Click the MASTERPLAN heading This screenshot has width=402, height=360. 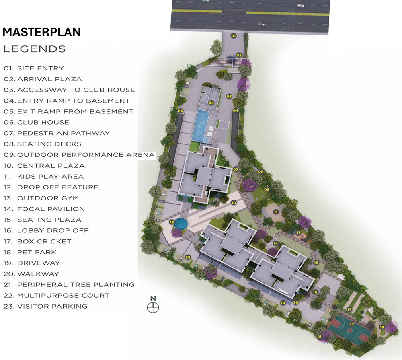(x=42, y=32)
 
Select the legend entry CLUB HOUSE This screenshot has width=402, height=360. (x=37, y=122)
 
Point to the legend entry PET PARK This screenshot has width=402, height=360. (x=30, y=252)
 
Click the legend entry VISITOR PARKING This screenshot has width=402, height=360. (x=45, y=306)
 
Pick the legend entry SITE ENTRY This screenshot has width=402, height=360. (x=34, y=68)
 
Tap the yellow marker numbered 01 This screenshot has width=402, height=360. (x=233, y=36)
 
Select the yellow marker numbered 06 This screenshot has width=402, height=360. (x=211, y=103)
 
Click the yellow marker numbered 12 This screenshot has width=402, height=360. (x=172, y=222)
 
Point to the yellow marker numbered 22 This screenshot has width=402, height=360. (x=351, y=324)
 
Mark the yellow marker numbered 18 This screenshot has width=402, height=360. (x=382, y=327)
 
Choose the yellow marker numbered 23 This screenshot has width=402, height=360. (x=188, y=257)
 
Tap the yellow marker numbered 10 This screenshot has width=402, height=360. (x=234, y=202)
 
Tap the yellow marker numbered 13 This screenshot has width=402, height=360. (x=299, y=232)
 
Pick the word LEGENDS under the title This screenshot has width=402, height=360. (x=34, y=49)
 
